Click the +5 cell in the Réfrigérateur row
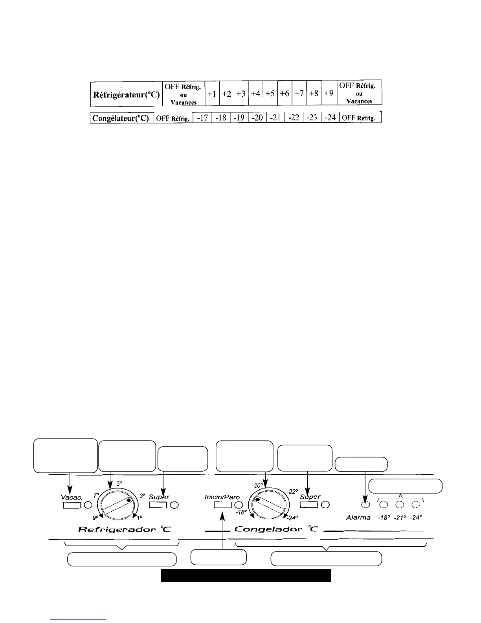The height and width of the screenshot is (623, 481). pos(270,94)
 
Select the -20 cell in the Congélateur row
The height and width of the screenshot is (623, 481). pos(257,118)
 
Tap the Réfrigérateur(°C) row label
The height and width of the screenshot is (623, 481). pos(126,95)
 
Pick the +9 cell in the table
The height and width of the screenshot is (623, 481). pos(329,94)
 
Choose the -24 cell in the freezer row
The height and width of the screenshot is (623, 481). pos(330,118)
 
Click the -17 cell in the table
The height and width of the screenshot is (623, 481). pos(202,118)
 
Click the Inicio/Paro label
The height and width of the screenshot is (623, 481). pos(222,497)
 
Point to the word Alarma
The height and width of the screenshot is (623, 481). pos(358,518)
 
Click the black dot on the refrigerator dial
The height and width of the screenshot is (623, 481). pos(129,500)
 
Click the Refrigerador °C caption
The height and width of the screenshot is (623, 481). pos(125,529)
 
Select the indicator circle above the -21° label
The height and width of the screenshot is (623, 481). pos(400,505)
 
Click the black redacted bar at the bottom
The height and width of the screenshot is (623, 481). pos(246,575)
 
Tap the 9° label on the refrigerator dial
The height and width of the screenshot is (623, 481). pos(95,518)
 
